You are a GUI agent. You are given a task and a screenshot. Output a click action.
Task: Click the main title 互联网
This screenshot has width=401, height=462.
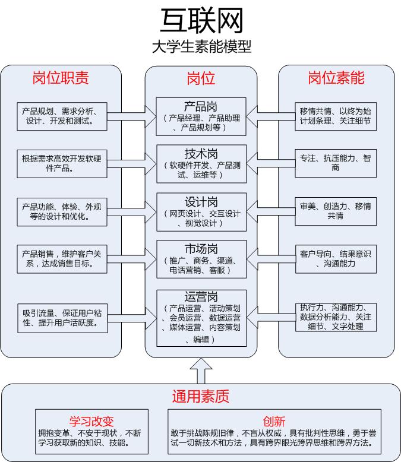point(201,21)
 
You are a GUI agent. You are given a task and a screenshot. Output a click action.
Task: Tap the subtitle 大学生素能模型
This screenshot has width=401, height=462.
point(201,47)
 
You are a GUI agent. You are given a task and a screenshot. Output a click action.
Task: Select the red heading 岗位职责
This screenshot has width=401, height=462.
point(61,78)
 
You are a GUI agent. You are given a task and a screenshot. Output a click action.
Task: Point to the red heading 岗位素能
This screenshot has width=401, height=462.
point(336,78)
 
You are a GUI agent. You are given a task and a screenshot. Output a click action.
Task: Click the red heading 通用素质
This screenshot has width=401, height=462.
point(201,396)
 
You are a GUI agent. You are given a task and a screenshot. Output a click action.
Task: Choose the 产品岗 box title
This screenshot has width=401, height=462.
point(201,106)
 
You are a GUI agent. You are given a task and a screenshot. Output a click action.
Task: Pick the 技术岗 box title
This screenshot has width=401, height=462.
point(201,154)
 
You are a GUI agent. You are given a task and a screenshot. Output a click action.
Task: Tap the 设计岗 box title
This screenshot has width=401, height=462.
point(201,202)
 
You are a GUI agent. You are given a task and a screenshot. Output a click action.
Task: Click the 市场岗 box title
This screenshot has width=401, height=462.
point(201,249)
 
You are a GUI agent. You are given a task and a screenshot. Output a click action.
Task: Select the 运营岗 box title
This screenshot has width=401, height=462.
point(201,296)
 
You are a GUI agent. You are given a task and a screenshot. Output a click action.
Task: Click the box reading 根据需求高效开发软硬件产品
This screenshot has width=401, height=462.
point(62,164)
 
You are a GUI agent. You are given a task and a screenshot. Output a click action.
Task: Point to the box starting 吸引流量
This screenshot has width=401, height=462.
point(62,318)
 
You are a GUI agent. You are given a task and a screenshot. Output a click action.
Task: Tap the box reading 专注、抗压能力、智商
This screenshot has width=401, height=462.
point(336,163)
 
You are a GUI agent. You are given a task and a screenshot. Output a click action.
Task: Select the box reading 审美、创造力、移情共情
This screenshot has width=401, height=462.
point(336,211)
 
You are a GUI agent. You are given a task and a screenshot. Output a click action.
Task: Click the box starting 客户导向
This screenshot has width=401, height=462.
point(336,259)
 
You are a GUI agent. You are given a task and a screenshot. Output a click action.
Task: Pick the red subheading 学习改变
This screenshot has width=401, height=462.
point(91,422)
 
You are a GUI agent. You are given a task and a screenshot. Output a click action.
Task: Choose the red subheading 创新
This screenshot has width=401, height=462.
point(274,422)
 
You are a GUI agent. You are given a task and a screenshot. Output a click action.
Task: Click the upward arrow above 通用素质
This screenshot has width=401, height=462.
point(201,371)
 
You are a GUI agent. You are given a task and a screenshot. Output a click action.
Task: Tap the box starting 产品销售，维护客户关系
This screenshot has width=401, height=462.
point(62,259)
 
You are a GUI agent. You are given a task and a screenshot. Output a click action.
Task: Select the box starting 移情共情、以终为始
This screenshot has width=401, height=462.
point(336,116)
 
